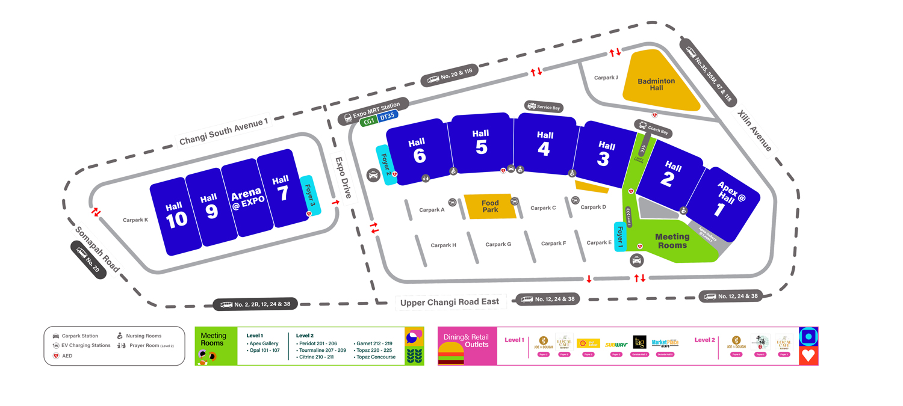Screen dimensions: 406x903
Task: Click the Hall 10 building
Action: pyautogui.click(x=175, y=215)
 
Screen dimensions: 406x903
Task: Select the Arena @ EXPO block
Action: pyautogui.click(x=247, y=200)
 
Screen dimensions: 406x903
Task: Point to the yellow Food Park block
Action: pyautogui.click(x=490, y=206)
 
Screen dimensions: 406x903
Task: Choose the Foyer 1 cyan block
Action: pyautogui.click(x=620, y=236)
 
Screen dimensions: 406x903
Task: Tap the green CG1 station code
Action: pyautogui.click(x=368, y=120)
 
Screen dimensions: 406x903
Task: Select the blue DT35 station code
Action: pyautogui.click(x=388, y=116)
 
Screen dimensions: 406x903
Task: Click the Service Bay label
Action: pyautogui.click(x=544, y=107)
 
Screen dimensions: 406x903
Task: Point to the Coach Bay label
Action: pyautogui.click(x=653, y=128)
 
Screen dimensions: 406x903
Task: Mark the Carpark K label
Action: pyautogui.click(x=135, y=220)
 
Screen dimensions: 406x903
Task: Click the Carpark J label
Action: pyautogui.click(x=606, y=78)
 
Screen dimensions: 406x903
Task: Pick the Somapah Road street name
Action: pyautogui.click(x=97, y=248)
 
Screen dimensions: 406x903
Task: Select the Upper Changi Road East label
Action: pyautogui.click(x=450, y=302)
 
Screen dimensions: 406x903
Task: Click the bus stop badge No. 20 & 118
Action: pyautogui.click(x=450, y=75)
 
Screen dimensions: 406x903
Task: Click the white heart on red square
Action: pyautogui.click(x=808, y=355)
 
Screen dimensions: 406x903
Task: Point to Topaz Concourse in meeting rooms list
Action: pyautogui.click(x=376, y=357)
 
